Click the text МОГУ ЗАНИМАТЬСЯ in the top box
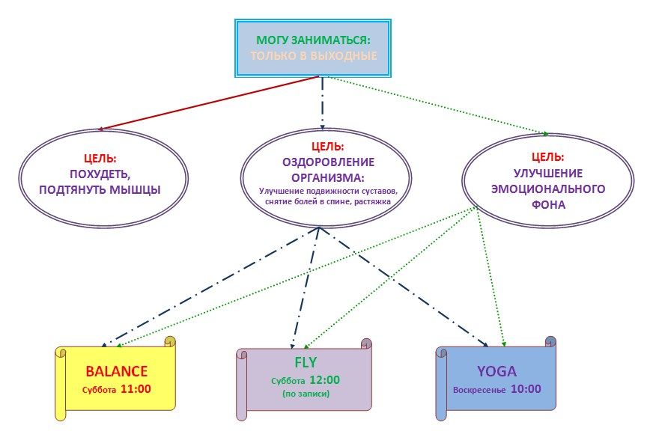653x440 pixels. (313, 40)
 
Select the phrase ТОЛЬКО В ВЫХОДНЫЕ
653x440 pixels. (313, 56)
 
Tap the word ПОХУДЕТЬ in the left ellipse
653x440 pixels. (100, 174)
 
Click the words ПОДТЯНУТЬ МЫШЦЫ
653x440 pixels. (100, 189)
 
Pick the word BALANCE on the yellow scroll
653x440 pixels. (116, 371)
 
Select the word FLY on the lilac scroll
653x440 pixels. (305, 363)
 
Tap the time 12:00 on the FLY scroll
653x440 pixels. (324, 379)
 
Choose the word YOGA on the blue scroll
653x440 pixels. (496, 371)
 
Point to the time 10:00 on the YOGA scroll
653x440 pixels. (525, 389)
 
